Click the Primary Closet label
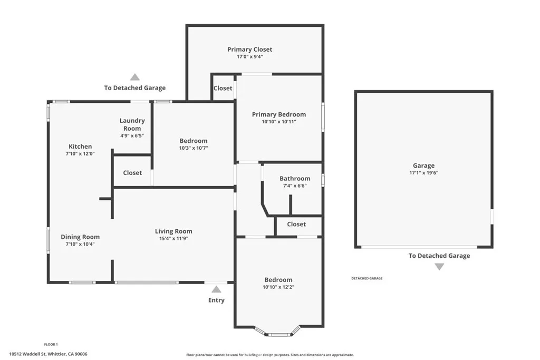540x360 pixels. point(250,50)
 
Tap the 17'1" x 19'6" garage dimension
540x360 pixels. point(423,172)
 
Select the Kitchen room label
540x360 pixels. point(80,147)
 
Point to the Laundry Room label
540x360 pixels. point(132,124)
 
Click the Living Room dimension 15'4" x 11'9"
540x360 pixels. point(173,238)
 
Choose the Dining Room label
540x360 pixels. point(80,237)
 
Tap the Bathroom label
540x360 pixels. point(295,179)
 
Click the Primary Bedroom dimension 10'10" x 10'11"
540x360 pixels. point(278,121)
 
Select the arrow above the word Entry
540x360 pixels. point(216,289)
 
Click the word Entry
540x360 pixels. point(216,300)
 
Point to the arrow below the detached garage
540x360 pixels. point(439,267)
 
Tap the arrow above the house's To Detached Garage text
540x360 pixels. point(135,77)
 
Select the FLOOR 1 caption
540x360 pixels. point(51,344)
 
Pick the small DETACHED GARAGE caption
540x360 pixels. point(367,278)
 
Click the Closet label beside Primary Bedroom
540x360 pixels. point(223,88)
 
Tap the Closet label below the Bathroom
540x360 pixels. point(296,224)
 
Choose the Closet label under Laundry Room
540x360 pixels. point(132,172)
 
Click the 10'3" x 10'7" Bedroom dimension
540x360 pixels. point(194,148)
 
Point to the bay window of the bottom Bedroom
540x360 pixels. point(278,333)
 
